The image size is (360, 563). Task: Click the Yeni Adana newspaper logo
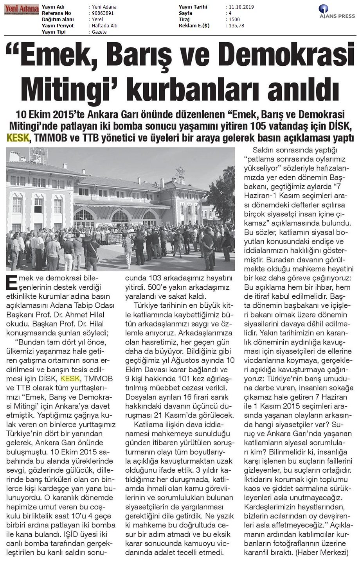pos(22,9)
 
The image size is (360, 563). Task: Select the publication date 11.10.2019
pos(239,7)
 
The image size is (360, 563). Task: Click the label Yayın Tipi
pos(54,32)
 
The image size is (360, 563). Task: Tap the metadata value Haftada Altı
pos(104,26)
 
